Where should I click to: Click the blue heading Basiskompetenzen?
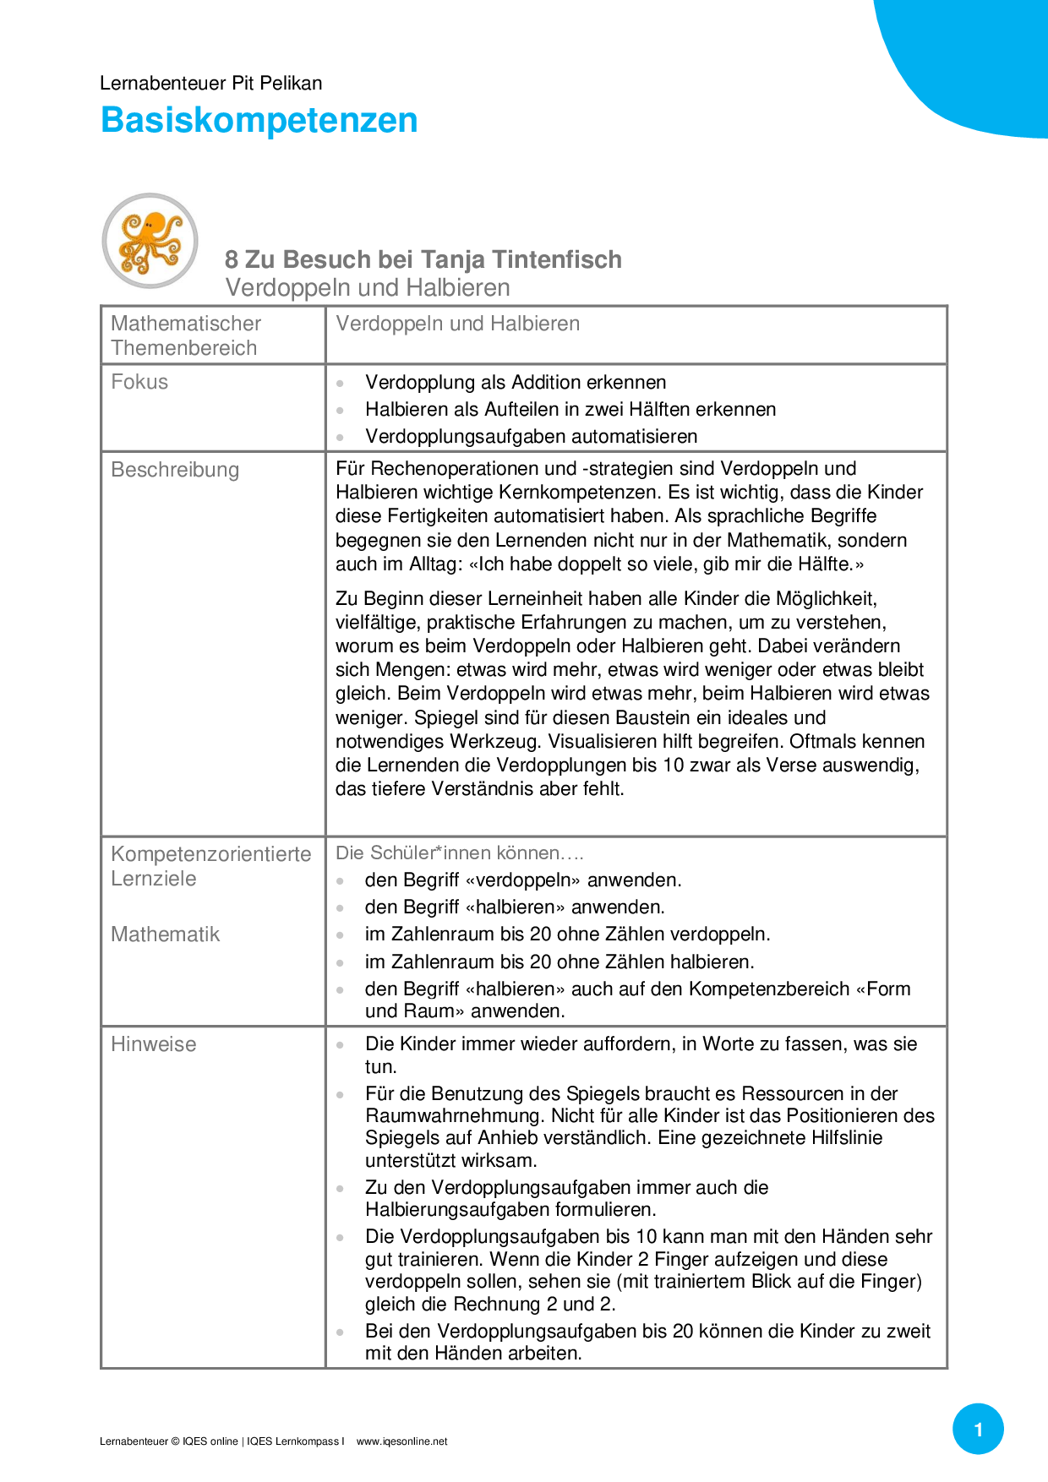point(259,120)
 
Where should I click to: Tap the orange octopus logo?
point(150,241)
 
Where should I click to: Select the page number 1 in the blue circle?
point(978,1429)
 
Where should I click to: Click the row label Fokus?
point(139,382)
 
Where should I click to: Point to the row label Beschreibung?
point(175,470)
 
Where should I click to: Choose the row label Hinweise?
point(153,1044)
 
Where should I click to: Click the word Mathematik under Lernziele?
point(165,934)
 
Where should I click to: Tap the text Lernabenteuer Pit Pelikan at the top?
point(210,83)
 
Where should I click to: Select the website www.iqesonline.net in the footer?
point(401,1441)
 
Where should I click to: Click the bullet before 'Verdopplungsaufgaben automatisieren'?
point(340,437)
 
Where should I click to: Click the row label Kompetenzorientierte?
point(211,854)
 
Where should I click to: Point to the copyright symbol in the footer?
point(175,1441)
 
